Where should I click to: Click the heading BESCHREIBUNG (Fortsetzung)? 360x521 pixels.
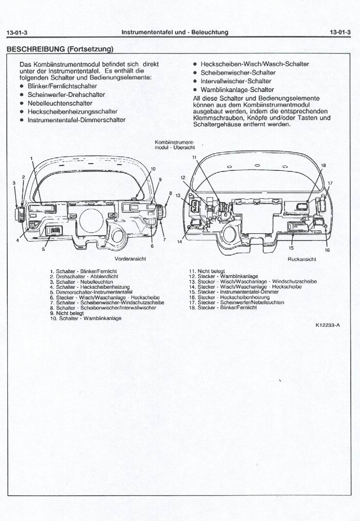(x=60, y=49)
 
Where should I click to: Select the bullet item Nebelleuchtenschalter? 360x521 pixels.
(x=60, y=103)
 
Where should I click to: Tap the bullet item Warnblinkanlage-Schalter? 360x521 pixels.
(x=237, y=90)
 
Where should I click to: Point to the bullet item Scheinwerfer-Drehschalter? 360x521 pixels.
(x=66, y=94)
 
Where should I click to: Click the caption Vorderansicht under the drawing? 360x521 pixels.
(x=130, y=259)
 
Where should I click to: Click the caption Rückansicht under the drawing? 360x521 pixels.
(x=302, y=260)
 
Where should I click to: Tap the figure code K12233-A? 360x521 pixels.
(x=327, y=326)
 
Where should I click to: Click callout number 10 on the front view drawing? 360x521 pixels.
(x=153, y=169)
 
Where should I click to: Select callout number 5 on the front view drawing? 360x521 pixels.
(x=43, y=250)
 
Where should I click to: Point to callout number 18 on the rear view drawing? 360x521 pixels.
(x=323, y=166)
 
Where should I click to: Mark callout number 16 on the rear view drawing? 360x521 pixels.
(x=327, y=250)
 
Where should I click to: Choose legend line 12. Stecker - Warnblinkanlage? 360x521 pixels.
(x=223, y=276)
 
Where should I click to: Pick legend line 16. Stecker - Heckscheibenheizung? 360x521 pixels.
(x=229, y=297)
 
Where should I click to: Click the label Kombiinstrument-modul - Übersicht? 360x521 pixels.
(x=174, y=144)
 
